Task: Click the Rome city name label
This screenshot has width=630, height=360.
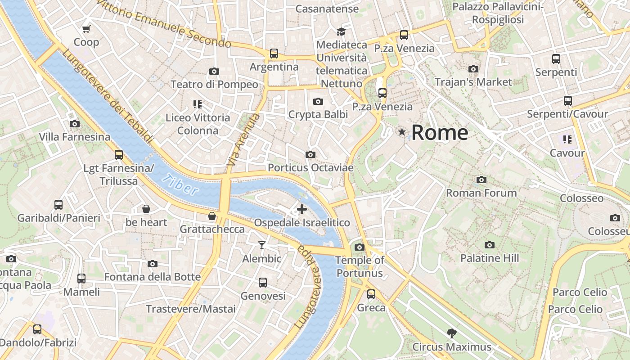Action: pos(440,133)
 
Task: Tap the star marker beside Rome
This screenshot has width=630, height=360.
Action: pos(402,132)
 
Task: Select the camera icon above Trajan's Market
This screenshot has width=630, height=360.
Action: pos(473,69)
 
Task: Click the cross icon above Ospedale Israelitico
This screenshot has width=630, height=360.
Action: pos(302,209)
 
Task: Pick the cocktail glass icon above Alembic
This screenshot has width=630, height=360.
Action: pos(262,245)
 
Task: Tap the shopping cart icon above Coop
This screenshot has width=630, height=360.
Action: pos(86,29)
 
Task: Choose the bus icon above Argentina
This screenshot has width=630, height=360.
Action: pos(274,54)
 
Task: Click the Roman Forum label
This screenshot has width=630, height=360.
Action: pos(481,193)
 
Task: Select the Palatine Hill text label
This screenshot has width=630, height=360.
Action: pos(489,258)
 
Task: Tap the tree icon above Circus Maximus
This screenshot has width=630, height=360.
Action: pos(451,333)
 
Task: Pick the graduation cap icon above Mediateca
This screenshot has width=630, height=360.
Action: pos(341,31)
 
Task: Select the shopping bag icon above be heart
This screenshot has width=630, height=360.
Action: pos(146,209)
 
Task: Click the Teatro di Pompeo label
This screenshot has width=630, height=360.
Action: pos(214,85)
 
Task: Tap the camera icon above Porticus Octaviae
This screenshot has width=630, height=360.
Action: pos(310,155)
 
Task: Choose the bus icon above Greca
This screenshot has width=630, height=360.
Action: pos(371,294)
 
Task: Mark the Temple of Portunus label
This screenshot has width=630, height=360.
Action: pos(360,266)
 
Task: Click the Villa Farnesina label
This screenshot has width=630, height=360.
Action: pos(74,137)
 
